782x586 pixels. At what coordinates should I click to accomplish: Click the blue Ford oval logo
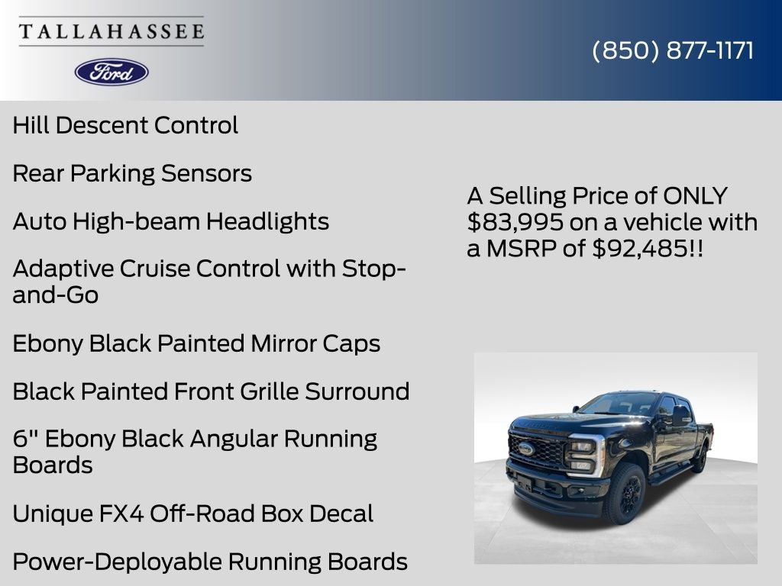click(111, 72)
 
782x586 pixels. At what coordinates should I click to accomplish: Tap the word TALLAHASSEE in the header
click(111, 32)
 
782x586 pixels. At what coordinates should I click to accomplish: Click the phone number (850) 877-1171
click(673, 50)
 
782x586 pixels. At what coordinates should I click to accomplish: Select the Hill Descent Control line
click(125, 125)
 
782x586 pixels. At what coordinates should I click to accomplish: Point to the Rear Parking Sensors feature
click(132, 173)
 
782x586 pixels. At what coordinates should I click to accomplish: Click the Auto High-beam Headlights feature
click(171, 221)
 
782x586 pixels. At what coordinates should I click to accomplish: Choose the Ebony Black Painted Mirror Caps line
click(196, 343)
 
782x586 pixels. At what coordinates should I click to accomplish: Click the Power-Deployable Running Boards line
click(210, 562)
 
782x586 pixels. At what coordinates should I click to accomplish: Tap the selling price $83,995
click(516, 222)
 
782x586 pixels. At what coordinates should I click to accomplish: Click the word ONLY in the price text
click(695, 196)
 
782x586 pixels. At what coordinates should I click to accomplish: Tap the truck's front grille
click(538, 450)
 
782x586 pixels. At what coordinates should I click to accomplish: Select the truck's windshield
click(620, 405)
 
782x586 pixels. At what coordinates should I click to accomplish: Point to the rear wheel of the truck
click(699, 461)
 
